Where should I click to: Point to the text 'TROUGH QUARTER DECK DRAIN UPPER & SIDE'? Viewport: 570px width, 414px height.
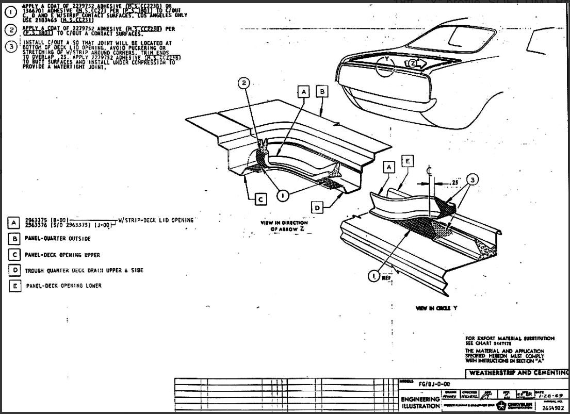coord(84,270)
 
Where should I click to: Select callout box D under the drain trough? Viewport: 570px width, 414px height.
coord(318,207)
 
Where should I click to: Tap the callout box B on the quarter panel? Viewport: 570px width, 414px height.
coord(321,92)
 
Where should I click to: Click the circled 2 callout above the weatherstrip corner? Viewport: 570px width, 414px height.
coord(246,83)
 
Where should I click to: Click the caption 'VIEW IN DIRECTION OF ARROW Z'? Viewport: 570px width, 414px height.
coord(284,225)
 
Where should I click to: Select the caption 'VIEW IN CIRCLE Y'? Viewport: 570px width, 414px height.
coord(436,308)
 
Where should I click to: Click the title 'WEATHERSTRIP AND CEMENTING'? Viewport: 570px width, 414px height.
coord(516,373)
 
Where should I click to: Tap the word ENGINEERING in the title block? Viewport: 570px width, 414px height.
coord(419,400)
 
